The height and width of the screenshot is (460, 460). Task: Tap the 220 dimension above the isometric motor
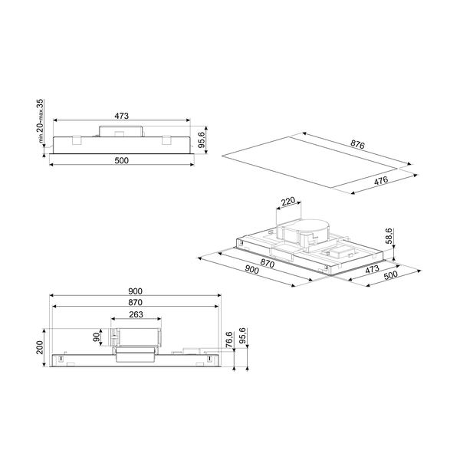pos(287,202)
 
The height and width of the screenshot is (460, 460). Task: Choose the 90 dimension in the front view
pos(97,337)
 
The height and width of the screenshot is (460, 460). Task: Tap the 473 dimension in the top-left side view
pos(121,116)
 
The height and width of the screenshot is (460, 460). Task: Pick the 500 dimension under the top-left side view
pos(121,160)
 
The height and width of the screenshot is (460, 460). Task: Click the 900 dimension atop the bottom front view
pos(135,292)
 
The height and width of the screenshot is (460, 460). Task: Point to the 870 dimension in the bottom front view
pos(135,303)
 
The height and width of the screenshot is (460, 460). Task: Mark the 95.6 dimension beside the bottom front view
pos(242,338)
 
